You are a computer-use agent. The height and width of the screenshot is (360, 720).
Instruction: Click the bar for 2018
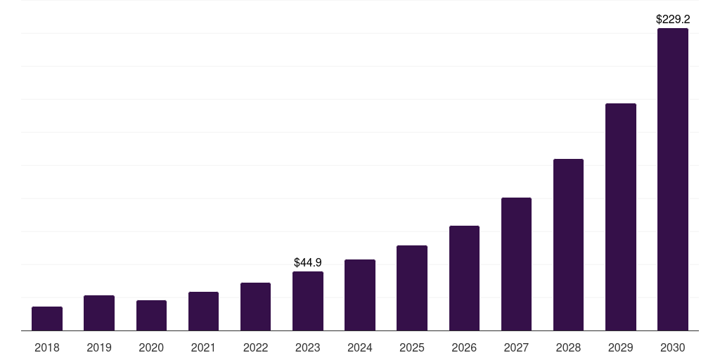click(x=47, y=319)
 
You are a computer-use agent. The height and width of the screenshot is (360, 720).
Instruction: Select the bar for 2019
click(x=99, y=313)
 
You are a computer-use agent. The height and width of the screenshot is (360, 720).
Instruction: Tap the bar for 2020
click(x=151, y=316)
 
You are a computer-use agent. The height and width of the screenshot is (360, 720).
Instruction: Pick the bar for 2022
click(x=255, y=307)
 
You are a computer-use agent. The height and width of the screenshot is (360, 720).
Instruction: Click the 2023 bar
click(x=308, y=301)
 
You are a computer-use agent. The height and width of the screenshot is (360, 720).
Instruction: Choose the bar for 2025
click(x=412, y=288)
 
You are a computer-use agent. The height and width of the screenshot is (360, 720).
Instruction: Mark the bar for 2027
click(x=516, y=264)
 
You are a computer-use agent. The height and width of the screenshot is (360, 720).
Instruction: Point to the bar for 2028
click(x=568, y=245)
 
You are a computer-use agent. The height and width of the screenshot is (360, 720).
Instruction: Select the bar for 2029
click(x=620, y=217)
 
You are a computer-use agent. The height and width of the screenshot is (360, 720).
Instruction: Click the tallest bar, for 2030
click(x=673, y=179)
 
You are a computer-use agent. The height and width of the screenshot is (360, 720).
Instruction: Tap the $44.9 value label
click(x=308, y=262)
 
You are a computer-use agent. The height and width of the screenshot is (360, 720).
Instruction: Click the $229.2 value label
click(x=673, y=20)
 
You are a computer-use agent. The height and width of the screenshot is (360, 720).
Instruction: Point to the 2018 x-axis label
click(x=47, y=347)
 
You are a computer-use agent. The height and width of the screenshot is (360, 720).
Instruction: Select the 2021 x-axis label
click(x=203, y=347)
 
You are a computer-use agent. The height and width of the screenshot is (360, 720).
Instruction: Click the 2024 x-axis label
click(x=360, y=347)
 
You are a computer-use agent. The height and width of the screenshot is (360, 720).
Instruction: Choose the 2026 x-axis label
click(x=464, y=347)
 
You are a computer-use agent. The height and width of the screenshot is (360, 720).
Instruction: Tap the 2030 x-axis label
click(x=673, y=347)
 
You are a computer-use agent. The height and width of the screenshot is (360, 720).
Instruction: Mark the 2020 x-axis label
click(x=151, y=347)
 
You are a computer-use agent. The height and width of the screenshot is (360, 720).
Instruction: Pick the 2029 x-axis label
click(x=620, y=347)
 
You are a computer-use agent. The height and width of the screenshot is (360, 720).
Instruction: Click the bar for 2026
click(x=464, y=278)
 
